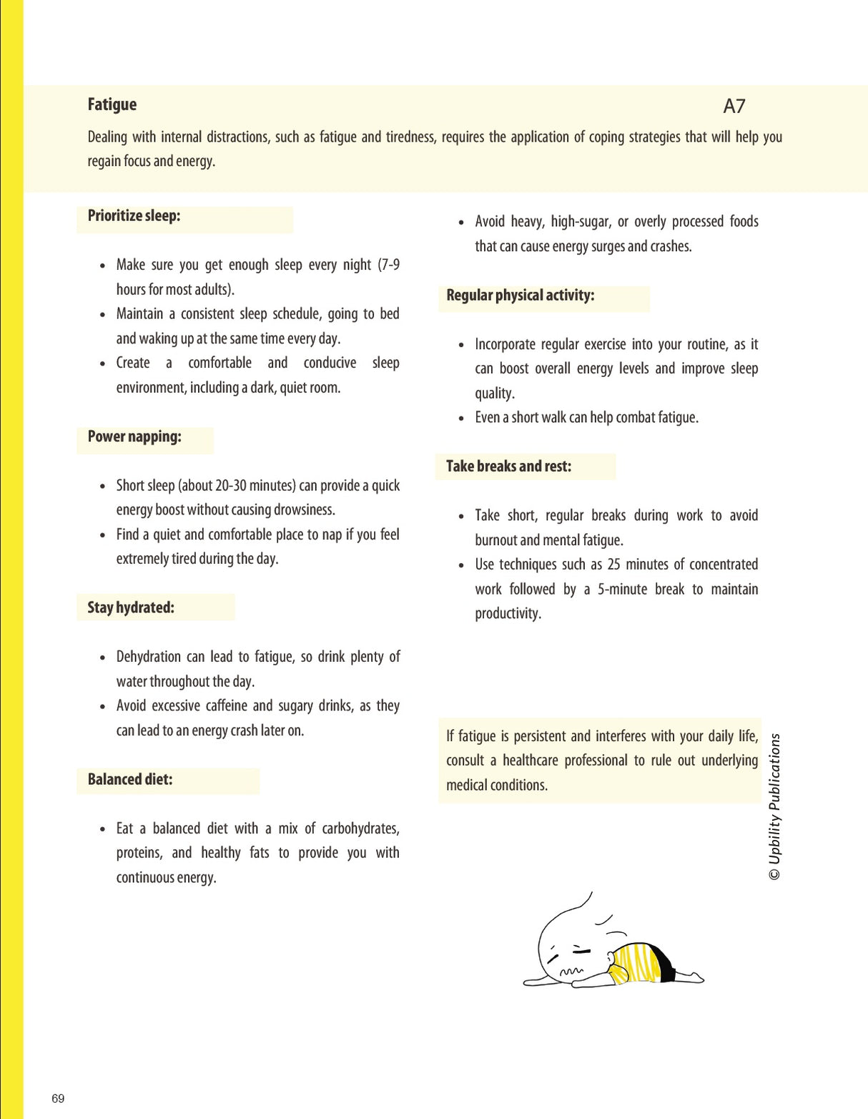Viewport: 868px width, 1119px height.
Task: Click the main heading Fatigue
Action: click(112, 104)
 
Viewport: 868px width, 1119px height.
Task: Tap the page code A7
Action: click(734, 107)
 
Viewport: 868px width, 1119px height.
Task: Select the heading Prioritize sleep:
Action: click(134, 216)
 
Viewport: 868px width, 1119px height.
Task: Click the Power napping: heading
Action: click(134, 436)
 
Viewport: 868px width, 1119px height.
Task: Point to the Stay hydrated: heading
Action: click(131, 607)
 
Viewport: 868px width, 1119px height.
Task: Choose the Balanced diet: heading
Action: click(130, 779)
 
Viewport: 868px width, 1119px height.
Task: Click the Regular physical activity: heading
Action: click(520, 295)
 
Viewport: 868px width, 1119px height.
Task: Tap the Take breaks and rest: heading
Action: click(508, 466)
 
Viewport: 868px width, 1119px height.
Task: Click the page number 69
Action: click(58, 1098)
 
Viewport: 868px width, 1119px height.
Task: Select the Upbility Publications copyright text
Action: click(775, 807)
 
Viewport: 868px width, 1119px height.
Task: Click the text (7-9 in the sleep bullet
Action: click(388, 265)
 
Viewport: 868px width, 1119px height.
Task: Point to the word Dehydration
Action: click(148, 657)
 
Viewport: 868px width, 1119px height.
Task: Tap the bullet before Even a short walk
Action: click(461, 419)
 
